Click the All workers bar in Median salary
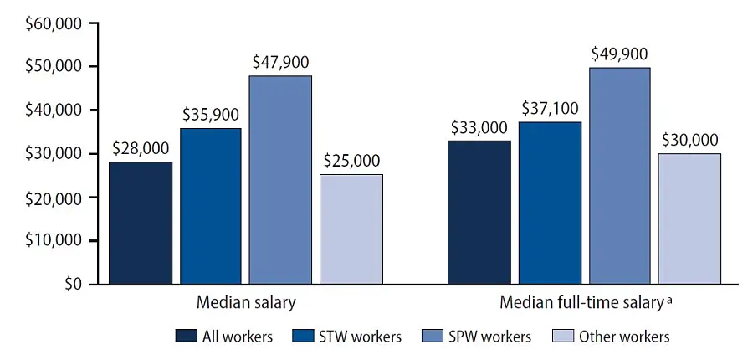coord(141,223)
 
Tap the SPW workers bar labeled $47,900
coord(280,180)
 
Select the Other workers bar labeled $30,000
coord(690,219)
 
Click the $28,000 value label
coord(141,149)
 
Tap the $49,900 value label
coord(620,54)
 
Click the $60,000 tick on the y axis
coord(54,23)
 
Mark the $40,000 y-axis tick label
coord(54,111)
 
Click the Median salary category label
coord(245,302)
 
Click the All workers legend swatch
coord(186,337)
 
